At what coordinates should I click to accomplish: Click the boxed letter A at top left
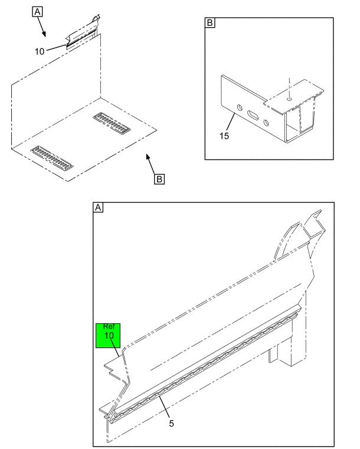[x=38, y=12]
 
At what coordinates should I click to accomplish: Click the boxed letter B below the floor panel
[x=159, y=179]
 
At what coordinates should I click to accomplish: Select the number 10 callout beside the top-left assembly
[x=40, y=51]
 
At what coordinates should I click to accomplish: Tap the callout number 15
[x=224, y=136]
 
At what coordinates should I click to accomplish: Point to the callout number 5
[x=171, y=423]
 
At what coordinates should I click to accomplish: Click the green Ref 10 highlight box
[x=108, y=336]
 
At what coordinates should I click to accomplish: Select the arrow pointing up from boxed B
[x=150, y=164]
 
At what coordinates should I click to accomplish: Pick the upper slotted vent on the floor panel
[x=112, y=123]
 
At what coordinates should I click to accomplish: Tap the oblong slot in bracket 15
[x=253, y=115]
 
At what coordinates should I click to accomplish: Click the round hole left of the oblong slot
[x=240, y=108]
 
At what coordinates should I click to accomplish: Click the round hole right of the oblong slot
[x=266, y=123]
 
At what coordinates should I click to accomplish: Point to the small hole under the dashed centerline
[x=289, y=99]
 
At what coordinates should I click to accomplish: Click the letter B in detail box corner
[x=210, y=22]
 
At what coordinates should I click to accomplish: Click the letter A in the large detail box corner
[x=98, y=207]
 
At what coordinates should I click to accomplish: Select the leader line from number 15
[x=231, y=122]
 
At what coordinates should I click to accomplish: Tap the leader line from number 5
[x=164, y=407]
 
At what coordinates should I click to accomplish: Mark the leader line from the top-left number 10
[x=57, y=48]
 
